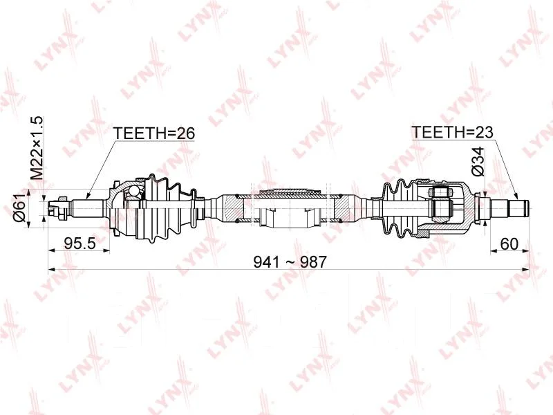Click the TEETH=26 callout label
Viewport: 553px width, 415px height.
[153, 133]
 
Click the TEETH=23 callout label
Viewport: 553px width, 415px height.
[452, 132]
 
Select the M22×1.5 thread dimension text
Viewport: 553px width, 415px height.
[37, 148]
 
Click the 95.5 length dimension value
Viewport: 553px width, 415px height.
[80, 243]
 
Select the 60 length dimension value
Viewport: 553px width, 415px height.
[509, 243]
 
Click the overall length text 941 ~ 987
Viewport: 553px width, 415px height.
[290, 262]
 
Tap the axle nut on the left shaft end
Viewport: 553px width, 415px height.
[62, 207]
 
